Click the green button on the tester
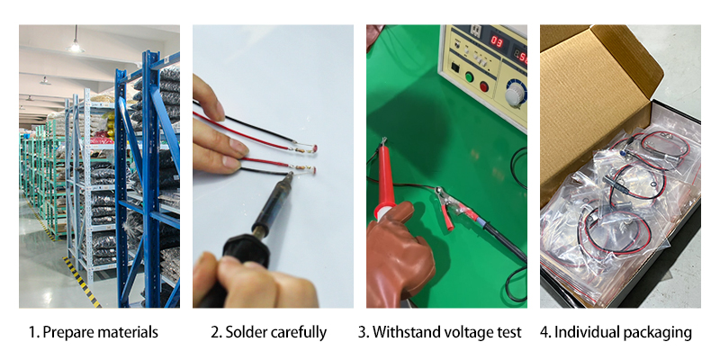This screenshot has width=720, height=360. pyautogui.click(x=469, y=76)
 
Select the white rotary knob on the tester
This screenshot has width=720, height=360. pyautogui.click(x=515, y=95)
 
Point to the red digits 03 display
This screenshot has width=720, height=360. pyautogui.click(x=497, y=40)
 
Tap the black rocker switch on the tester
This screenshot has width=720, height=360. pyautogui.click(x=454, y=67)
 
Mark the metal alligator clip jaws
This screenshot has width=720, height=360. pyautogui.click(x=443, y=196)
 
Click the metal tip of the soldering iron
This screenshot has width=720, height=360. pyautogui.click(x=289, y=175)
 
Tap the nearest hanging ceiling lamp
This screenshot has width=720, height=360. pyautogui.click(x=75, y=45)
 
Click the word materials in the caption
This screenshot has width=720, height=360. pyautogui.click(x=127, y=332)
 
